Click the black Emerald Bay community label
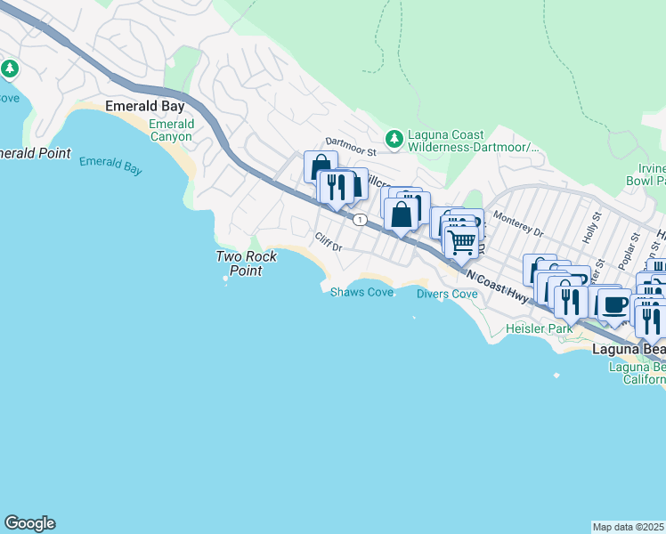tap(144, 106)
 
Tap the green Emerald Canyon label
tap(170, 130)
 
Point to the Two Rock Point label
tap(247, 263)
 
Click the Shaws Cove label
tap(361, 293)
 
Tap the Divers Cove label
tap(447, 295)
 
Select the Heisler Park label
tap(537, 329)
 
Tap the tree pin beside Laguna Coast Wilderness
tap(394, 139)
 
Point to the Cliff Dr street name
tap(328, 241)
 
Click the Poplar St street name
tap(633, 250)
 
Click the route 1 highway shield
tap(359, 219)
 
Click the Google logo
tap(29, 523)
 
